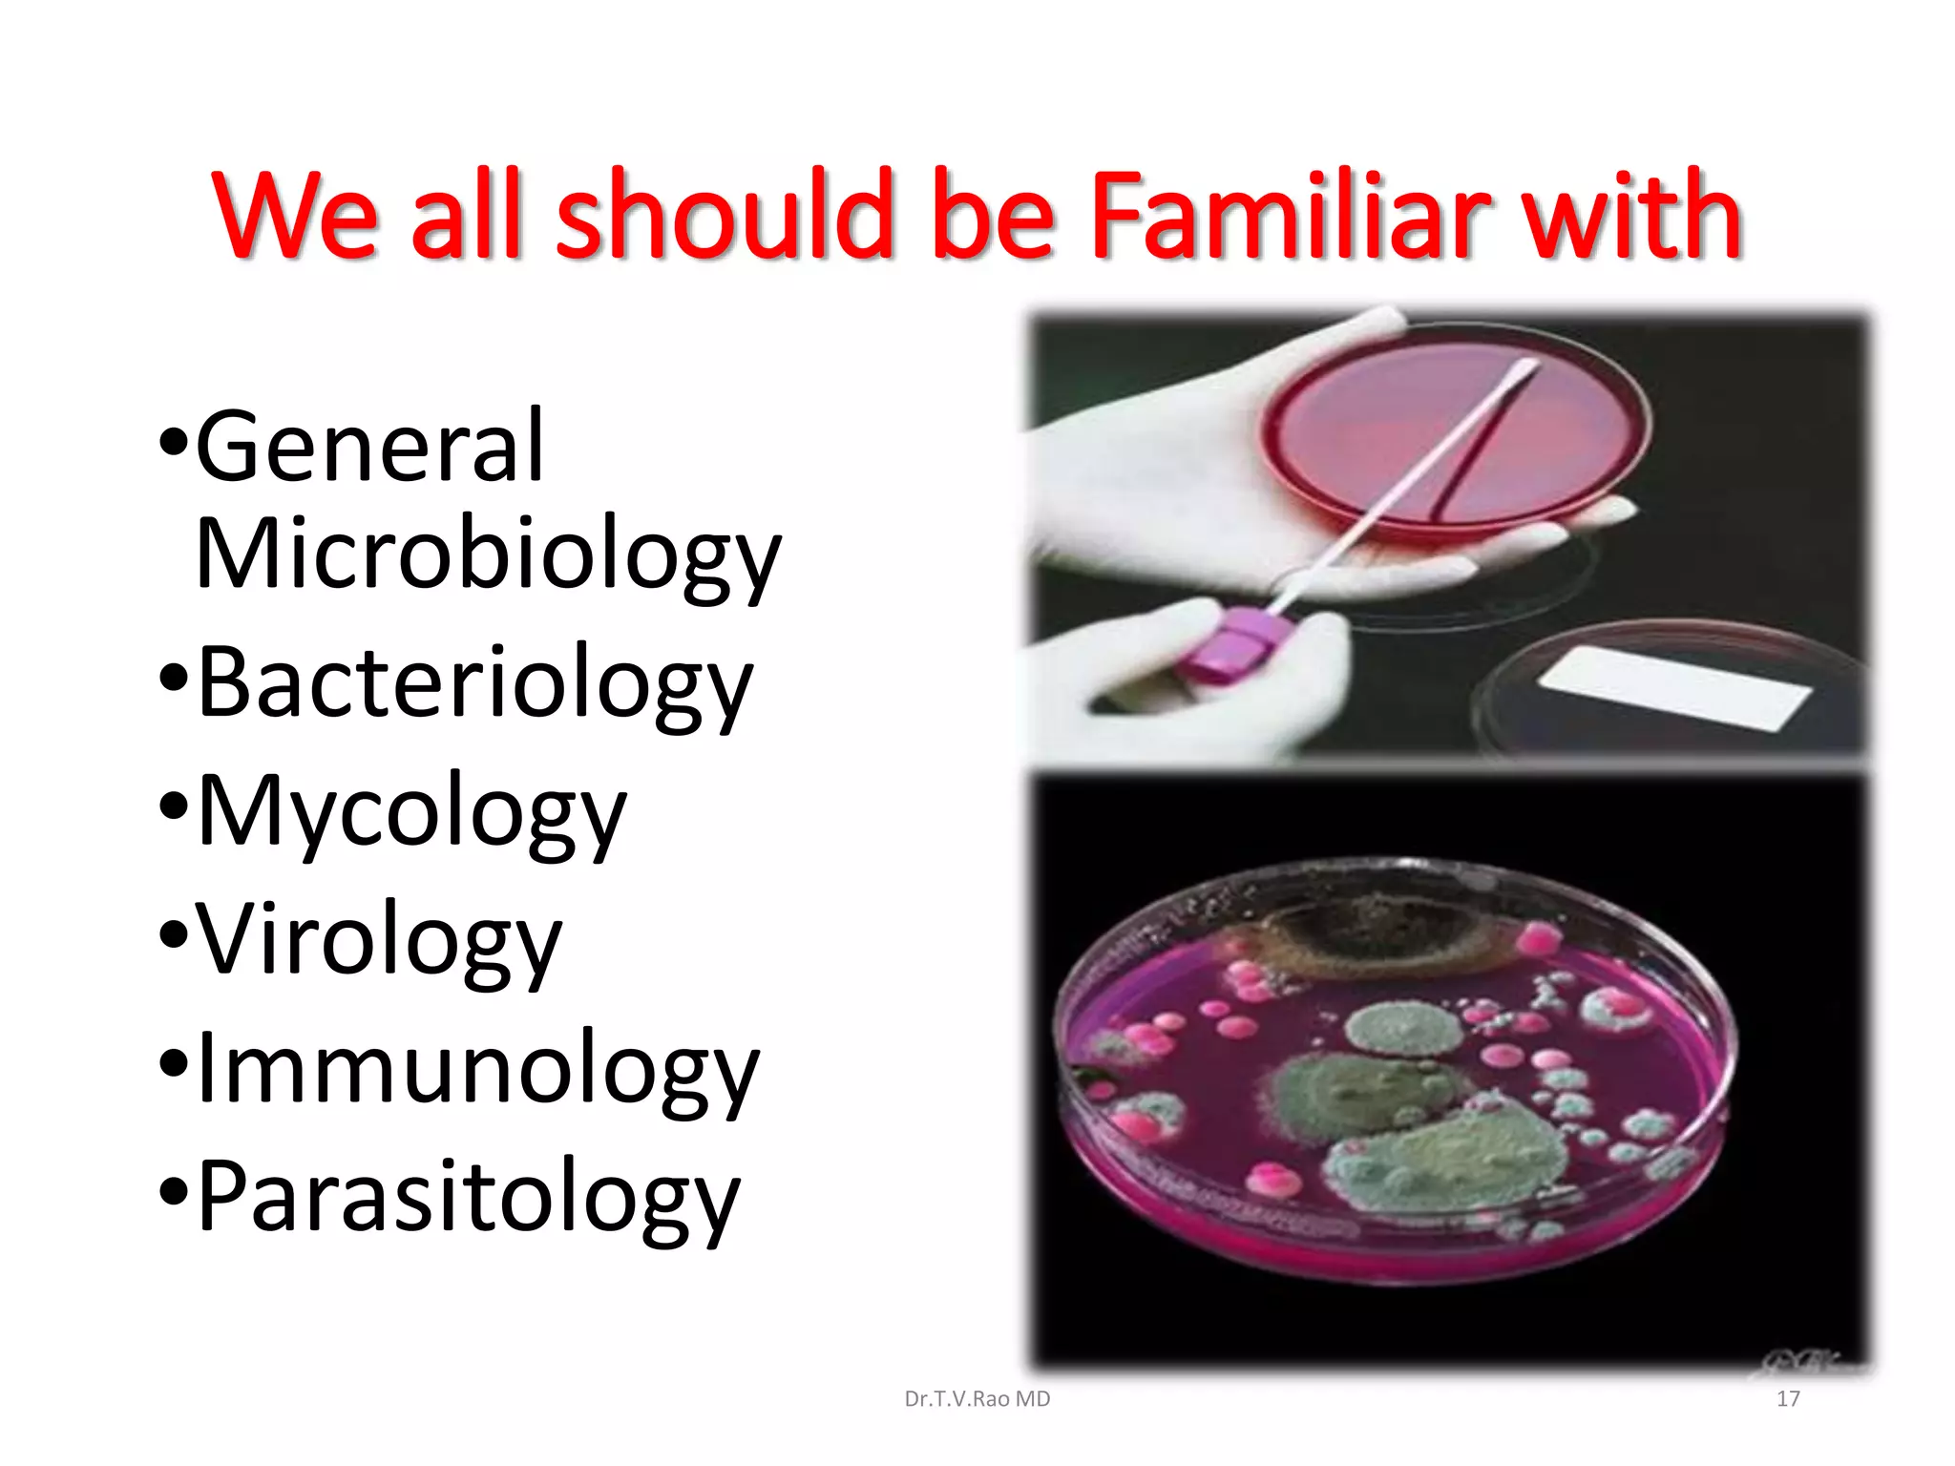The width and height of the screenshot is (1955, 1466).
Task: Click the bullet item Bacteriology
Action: tap(474, 683)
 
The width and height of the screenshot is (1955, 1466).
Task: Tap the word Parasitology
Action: tap(468, 1199)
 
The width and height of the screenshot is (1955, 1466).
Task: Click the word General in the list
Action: tap(369, 447)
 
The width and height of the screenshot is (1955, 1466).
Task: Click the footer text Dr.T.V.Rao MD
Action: tap(977, 1399)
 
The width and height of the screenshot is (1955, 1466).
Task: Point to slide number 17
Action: tap(1788, 1399)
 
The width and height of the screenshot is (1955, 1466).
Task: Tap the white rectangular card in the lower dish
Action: tap(1675, 687)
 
